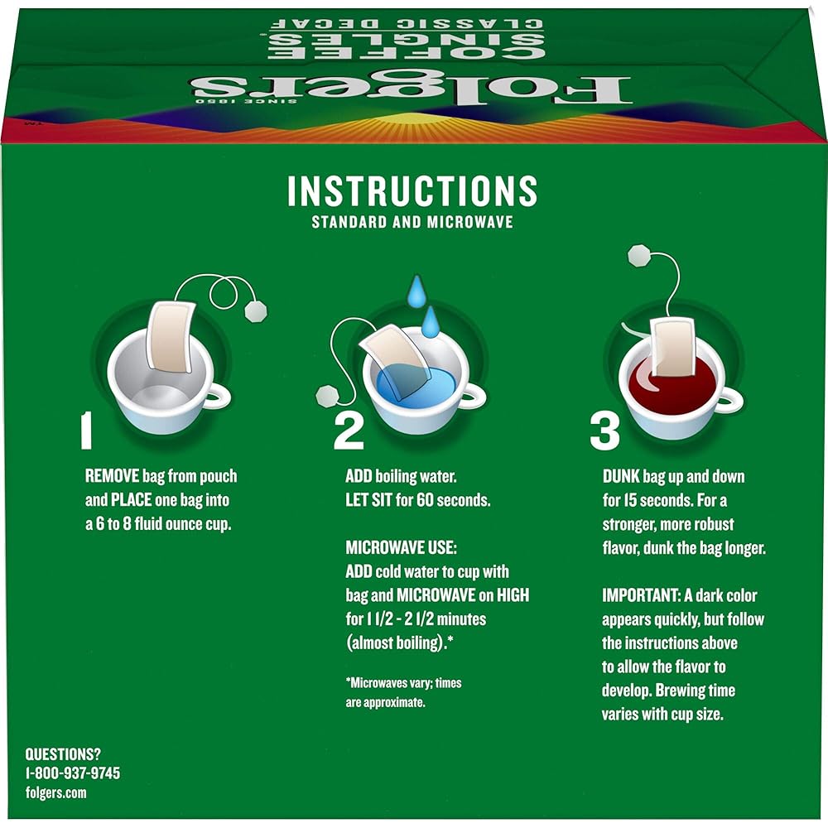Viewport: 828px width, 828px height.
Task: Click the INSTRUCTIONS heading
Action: click(x=412, y=190)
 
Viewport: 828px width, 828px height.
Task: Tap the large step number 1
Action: click(x=87, y=431)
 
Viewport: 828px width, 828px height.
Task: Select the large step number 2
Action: click(x=349, y=431)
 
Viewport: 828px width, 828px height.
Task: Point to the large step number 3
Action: click(x=604, y=431)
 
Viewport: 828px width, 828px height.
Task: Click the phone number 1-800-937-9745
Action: click(x=73, y=773)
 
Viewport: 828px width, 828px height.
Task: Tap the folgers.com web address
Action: click(x=56, y=792)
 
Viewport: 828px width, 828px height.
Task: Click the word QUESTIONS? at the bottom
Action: click(x=63, y=754)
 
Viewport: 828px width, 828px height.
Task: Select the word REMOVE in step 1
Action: click(x=112, y=476)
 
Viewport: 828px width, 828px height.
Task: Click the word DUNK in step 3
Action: click(x=621, y=476)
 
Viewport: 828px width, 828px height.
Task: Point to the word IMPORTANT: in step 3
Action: click(x=641, y=595)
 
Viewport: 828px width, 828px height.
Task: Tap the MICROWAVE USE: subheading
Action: click(x=401, y=547)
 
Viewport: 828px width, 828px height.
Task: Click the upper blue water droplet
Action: click(x=416, y=291)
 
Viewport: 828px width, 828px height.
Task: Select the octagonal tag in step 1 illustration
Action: click(x=256, y=311)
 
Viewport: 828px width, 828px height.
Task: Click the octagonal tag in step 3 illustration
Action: click(x=638, y=256)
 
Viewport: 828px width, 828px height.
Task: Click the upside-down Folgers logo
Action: click(x=411, y=89)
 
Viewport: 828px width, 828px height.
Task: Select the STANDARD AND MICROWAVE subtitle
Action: click(x=412, y=222)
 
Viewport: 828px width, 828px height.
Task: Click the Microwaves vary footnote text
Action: click(x=403, y=692)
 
